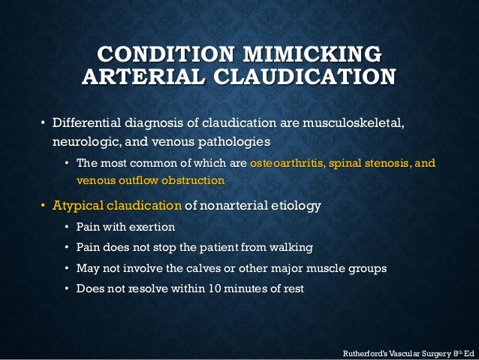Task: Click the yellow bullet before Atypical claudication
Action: click(x=43, y=206)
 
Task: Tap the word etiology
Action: click(x=295, y=206)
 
